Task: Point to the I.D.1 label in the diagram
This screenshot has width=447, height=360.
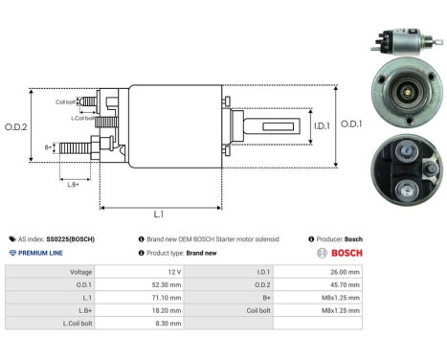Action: pos(296,124)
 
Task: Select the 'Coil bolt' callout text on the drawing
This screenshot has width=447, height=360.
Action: pos(65,101)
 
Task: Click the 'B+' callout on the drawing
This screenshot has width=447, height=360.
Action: pos(48,146)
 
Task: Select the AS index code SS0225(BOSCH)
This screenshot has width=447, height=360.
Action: pos(68,238)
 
